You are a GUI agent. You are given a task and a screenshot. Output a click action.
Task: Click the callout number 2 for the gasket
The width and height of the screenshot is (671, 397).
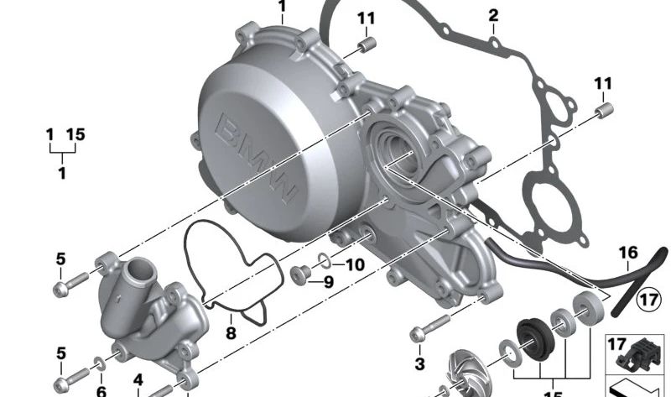click(493, 15)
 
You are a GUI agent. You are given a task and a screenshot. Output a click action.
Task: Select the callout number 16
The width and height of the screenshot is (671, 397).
click(627, 253)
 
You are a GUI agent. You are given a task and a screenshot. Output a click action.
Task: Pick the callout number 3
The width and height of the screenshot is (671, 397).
click(420, 363)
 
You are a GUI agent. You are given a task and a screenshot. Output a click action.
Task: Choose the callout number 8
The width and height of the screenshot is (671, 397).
click(231, 333)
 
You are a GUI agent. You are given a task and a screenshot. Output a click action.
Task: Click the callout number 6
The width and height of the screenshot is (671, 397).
click(101, 390)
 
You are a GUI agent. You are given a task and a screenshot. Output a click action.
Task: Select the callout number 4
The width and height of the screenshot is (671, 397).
click(138, 379)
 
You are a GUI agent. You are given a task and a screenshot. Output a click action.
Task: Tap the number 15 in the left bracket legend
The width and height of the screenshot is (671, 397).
click(75, 133)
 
